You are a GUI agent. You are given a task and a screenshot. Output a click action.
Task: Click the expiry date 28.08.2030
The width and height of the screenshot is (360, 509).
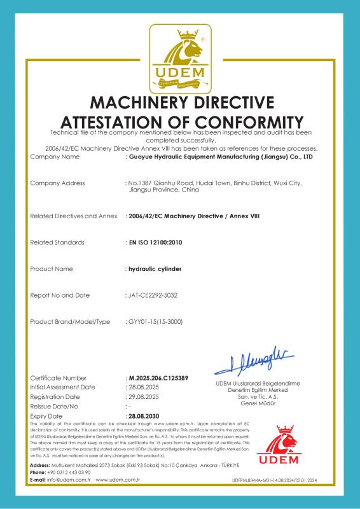[144, 415]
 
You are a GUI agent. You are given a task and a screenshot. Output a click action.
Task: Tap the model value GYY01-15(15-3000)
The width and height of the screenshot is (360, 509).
[156, 321]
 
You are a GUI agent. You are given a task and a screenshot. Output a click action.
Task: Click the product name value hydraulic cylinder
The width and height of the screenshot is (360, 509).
[155, 269]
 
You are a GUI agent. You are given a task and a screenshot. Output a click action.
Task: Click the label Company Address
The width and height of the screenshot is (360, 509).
[57, 183]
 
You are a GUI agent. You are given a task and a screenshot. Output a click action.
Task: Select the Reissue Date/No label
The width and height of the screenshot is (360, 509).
[54, 405]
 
